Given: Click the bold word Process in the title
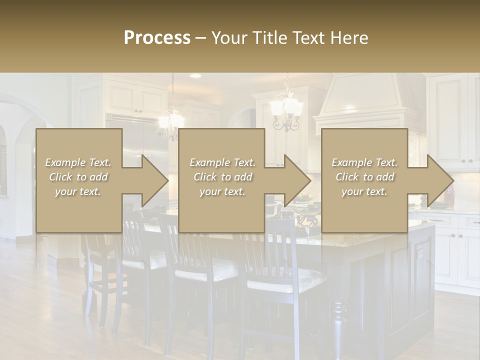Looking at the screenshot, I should pyautogui.click(x=157, y=38).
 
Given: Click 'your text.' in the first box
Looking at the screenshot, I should pyautogui.click(x=77, y=191).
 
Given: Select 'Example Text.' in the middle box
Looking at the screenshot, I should pyautogui.click(x=222, y=162).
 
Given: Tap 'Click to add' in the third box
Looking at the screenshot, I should pyautogui.click(x=364, y=177).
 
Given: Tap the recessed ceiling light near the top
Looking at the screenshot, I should pyautogui.click(x=195, y=76).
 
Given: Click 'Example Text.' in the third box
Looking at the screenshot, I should pyautogui.click(x=364, y=162).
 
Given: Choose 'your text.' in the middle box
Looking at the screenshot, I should pyautogui.click(x=222, y=191).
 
